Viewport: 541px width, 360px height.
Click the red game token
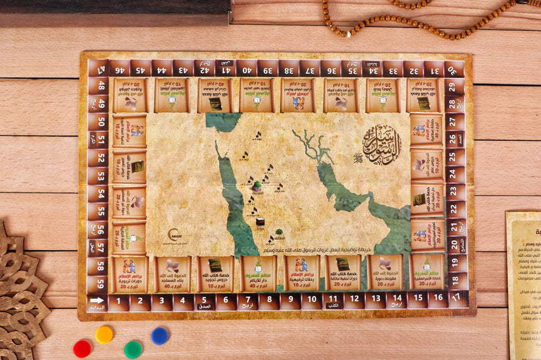click(82, 348)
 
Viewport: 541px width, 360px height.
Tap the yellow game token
click(104, 334)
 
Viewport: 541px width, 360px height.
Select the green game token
click(133, 349)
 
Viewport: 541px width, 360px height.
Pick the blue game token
click(160, 335)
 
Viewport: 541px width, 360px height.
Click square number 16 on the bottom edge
click(437, 297)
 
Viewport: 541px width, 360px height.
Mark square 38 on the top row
click(289, 68)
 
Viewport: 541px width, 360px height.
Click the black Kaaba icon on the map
click(259, 220)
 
